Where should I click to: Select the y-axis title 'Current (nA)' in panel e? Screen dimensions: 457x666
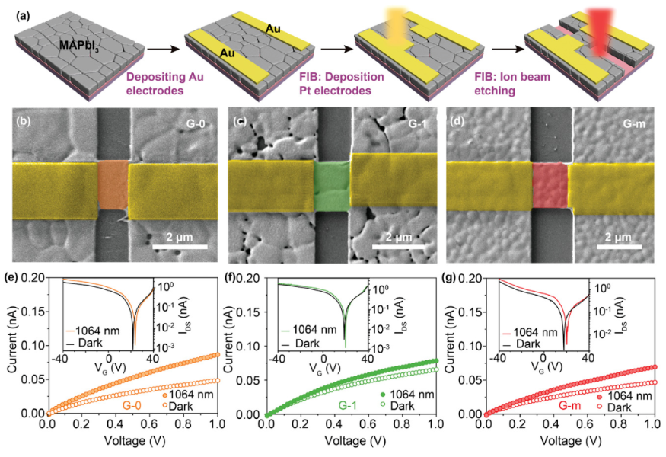(x=10, y=347)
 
